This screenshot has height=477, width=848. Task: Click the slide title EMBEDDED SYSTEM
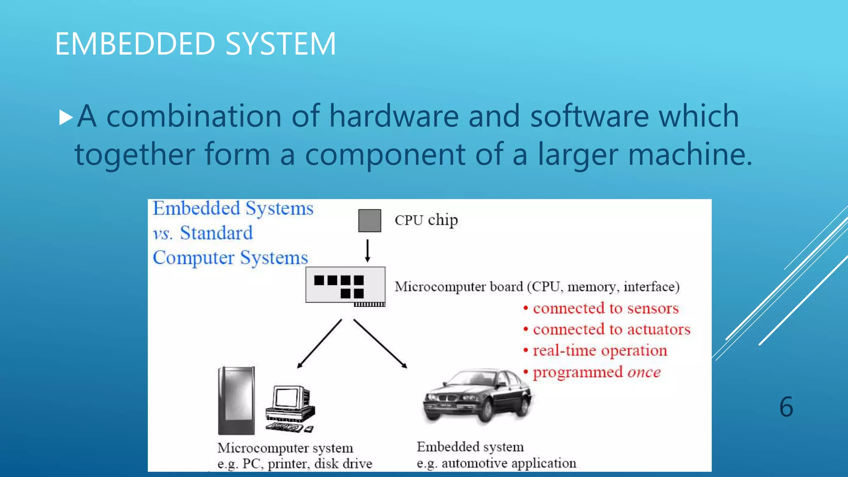coord(195,43)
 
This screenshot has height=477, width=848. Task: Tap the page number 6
coord(786,407)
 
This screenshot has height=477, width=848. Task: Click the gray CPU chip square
coord(369,220)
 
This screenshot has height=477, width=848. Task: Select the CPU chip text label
coord(426,220)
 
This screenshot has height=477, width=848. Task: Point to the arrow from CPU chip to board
coord(367,250)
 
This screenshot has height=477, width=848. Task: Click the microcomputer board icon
coord(345,285)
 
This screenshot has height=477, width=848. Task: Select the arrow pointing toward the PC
coord(319,344)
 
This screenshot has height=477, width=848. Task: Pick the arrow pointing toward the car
coord(380,344)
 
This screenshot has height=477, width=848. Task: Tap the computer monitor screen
coord(287,397)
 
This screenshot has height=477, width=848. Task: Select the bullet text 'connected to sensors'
coord(605,308)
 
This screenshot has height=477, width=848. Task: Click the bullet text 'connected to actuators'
coord(611,329)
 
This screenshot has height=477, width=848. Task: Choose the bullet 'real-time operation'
coord(600,350)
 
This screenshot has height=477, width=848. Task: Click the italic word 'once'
coord(644,372)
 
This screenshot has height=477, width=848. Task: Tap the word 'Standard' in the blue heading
coord(216,233)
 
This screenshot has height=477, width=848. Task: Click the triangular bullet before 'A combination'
coord(66,117)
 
